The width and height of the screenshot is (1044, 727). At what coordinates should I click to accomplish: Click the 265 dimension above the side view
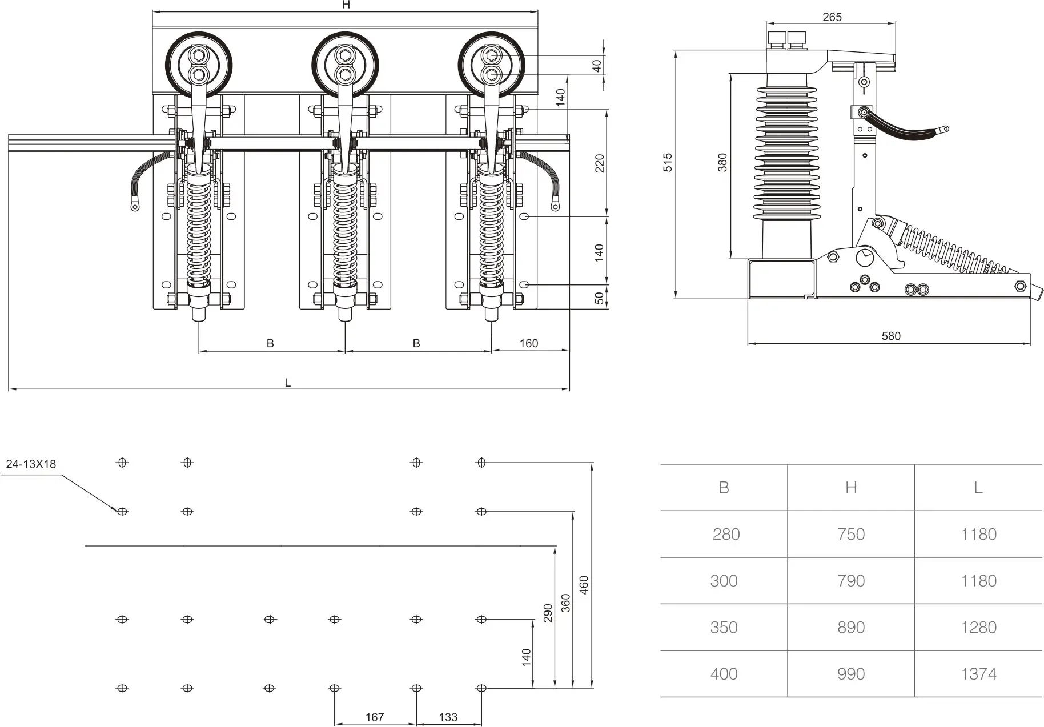point(832,17)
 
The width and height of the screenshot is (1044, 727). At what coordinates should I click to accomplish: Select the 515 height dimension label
point(668,162)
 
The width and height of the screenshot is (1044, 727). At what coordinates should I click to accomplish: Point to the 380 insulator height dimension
point(723,162)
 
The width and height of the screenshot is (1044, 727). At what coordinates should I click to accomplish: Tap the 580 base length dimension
point(890,336)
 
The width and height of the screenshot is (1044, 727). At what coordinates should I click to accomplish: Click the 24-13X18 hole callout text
point(31,464)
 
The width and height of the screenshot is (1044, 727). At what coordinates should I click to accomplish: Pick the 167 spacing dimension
point(374,717)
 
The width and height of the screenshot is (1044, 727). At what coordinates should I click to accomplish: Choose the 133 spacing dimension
point(448,717)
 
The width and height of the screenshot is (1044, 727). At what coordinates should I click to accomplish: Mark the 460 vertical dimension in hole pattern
point(584,585)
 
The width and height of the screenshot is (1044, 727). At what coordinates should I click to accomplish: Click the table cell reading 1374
point(978,674)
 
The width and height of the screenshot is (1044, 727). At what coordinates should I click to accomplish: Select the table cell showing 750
point(851,534)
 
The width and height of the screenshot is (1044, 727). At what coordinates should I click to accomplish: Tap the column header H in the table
point(851,488)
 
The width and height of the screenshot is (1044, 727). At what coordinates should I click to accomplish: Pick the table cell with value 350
point(724,627)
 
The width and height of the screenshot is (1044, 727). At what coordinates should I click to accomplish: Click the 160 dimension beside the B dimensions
point(529,343)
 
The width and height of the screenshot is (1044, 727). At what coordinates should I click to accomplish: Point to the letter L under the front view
point(288,383)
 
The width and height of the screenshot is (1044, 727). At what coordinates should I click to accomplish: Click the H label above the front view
point(346,5)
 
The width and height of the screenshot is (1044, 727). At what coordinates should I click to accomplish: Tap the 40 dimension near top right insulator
point(597,66)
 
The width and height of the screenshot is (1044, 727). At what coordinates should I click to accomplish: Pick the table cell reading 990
point(851,674)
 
